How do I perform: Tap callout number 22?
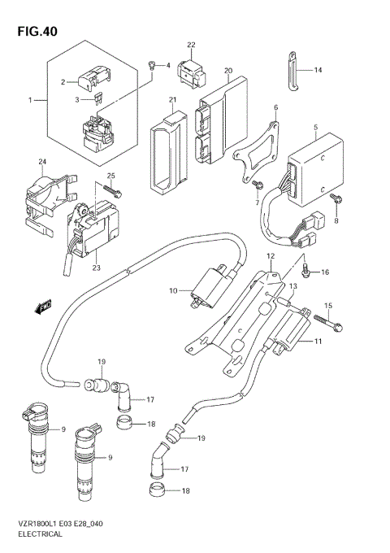(191, 45)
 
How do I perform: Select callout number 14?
(318, 71)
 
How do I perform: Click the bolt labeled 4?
(152, 65)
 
